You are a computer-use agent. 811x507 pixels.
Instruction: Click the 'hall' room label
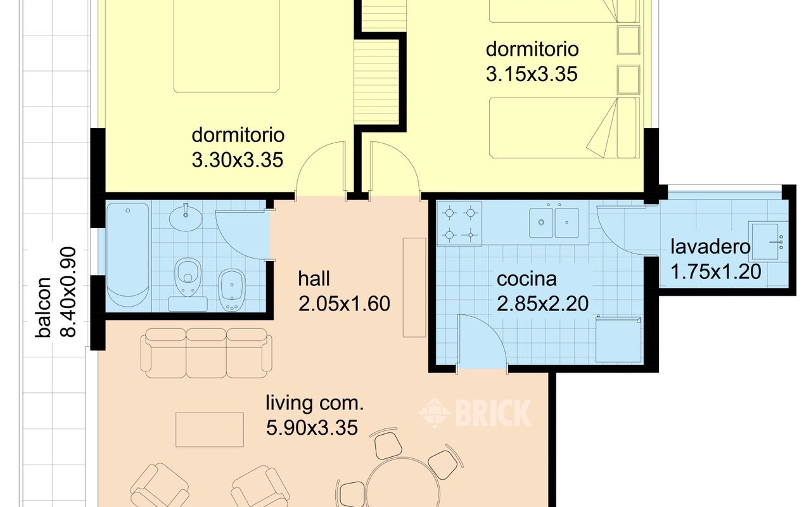point(314,279)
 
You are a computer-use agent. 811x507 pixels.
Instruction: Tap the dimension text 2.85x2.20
point(542,304)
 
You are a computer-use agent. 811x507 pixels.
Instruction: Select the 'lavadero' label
point(710,247)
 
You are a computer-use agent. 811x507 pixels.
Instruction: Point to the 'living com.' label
point(315,404)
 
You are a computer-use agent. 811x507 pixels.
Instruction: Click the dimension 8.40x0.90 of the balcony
point(68,292)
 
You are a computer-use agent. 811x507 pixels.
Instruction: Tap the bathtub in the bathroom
point(128,255)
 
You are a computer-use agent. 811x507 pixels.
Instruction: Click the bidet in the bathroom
point(232,290)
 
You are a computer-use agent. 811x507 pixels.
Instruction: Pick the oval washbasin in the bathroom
point(186,218)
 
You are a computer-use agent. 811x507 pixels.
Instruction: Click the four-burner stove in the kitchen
point(459,224)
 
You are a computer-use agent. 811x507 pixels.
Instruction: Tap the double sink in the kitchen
point(554,222)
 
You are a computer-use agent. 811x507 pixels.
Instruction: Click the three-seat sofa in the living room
point(207,353)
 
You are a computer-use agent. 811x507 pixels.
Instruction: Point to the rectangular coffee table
point(210,430)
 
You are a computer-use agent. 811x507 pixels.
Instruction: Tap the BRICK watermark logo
point(475,413)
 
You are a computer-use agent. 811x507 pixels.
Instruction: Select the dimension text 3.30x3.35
point(237,160)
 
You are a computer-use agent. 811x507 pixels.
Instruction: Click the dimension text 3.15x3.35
point(532,74)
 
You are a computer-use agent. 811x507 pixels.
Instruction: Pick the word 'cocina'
point(527,279)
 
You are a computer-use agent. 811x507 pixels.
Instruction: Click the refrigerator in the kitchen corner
point(618,339)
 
